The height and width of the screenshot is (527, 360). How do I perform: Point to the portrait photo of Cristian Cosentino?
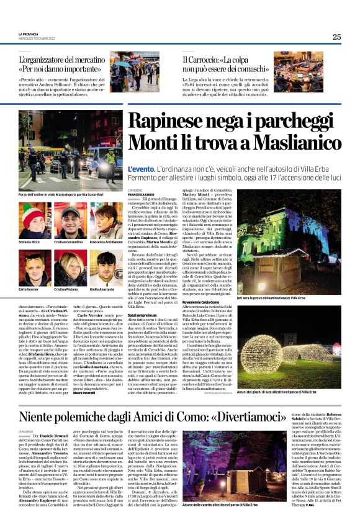coord(71,220)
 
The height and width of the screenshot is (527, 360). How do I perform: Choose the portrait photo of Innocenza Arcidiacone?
coord(106,220)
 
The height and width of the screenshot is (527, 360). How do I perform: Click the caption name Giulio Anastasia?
coord(103,289)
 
